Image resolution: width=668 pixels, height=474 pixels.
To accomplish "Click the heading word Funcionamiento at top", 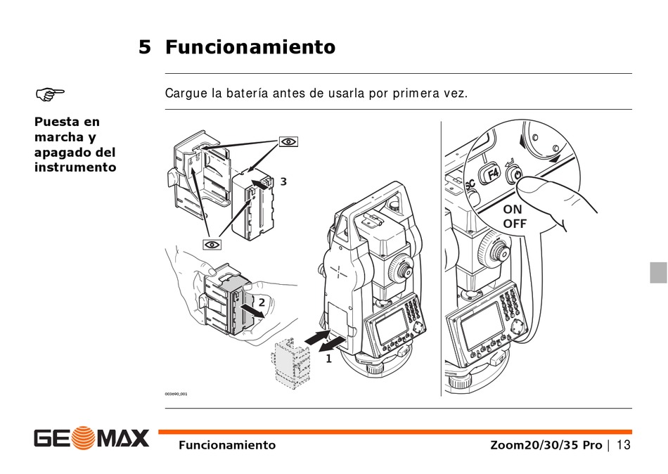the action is pyautogui.click(x=250, y=46).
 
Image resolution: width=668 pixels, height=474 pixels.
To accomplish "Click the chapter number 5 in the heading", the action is pyautogui.click(x=145, y=47).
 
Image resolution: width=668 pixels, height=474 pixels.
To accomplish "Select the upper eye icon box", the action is pyautogui.click(x=288, y=141).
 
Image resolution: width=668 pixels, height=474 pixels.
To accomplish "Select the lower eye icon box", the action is pyautogui.click(x=212, y=244).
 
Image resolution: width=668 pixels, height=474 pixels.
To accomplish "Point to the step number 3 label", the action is pyautogui.click(x=283, y=181).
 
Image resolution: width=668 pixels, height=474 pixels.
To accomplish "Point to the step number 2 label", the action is pyautogui.click(x=262, y=302).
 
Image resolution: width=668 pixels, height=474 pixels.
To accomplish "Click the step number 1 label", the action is pyautogui.click(x=329, y=359).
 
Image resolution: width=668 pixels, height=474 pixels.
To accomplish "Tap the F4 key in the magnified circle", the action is pyautogui.click(x=492, y=174).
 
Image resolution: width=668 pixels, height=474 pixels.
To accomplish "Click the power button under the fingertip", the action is pyautogui.click(x=515, y=174).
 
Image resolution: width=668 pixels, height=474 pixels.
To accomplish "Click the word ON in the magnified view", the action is pyautogui.click(x=512, y=210).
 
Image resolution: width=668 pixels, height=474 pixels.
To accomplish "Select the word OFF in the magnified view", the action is pyautogui.click(x=515, y=224).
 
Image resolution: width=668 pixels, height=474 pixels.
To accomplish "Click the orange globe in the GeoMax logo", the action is pyautogui.click(x=83, y=438).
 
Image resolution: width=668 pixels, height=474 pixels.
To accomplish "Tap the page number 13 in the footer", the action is pyautogui.click(x=623, y=445).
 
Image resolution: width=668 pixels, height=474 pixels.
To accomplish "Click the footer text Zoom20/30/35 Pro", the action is pyautogui.click(x=546, y=445).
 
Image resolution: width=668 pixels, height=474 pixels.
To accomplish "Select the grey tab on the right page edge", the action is pyautogui.click(x=659, y=272).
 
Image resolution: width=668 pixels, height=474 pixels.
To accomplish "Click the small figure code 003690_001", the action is pyautogui.click(x=176, y=394).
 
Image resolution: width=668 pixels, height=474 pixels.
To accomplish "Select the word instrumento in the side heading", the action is pyautogui.click(x=75, y=167).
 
